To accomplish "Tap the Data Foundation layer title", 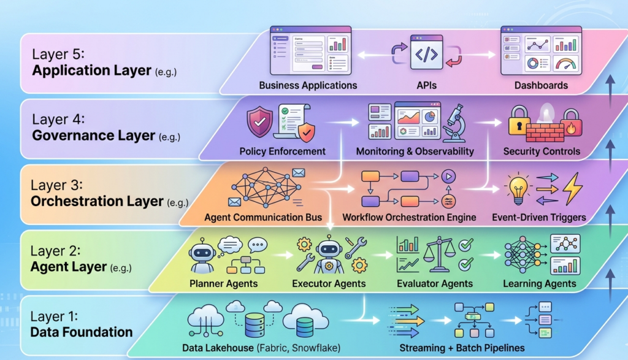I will [x=82, y=332].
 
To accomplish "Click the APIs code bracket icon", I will [x=426, y=54].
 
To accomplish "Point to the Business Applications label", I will [x=308, y=86].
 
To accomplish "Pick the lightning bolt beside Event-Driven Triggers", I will [x=572, y=188].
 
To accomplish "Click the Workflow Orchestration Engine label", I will [x=409, y=217].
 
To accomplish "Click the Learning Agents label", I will [x=540, y=283].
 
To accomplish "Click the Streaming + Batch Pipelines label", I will [x=457, y=348].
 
